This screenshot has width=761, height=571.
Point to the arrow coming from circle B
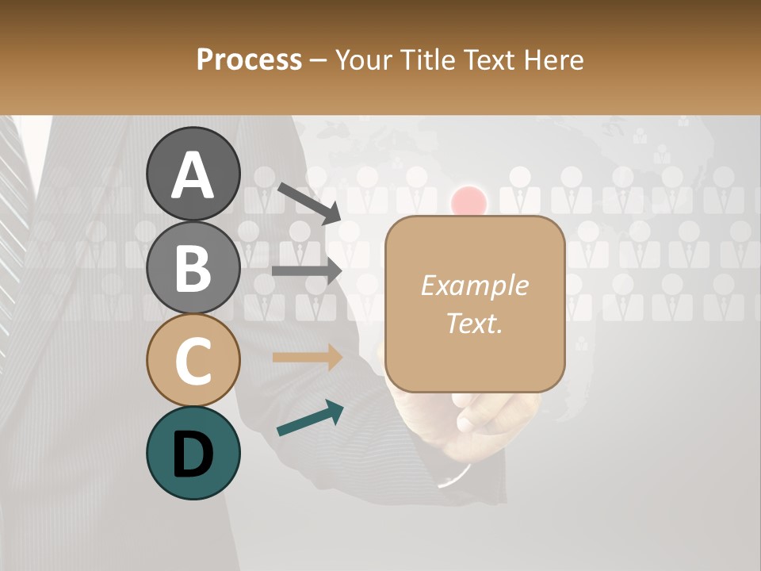click(307, 270)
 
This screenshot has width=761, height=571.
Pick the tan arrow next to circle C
click(307, 358)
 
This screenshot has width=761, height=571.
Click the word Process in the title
click(249, 59)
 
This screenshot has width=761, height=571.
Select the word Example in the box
click(474, 285)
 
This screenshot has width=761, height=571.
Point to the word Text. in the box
click(474, 323)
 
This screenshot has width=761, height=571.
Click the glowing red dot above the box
click(468, 201)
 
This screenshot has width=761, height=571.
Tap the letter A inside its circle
click(193, 174)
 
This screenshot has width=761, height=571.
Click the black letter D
click(193, 454)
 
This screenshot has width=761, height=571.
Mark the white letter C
click(193, 361)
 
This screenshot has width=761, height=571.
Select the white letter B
click(193, 268)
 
